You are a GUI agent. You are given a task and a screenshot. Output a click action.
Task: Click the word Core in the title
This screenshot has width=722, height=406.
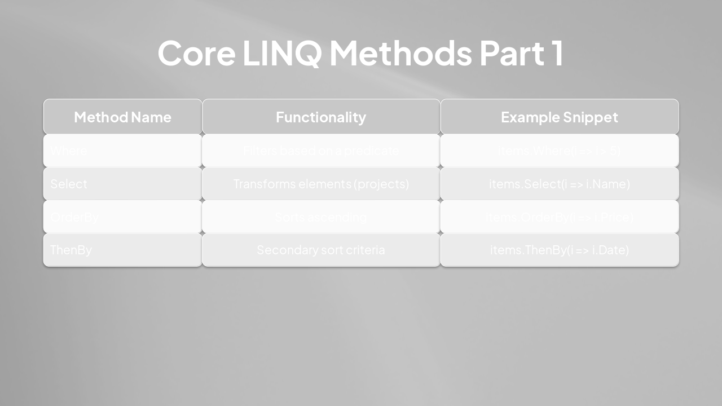coord(196,53)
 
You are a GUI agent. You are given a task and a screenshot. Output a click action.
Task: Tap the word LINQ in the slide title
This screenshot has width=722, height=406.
coord(282,53)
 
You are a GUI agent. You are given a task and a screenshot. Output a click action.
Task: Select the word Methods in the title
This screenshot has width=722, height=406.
coord(400,53)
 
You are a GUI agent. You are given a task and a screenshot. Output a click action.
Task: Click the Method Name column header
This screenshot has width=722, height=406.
coord(122,117)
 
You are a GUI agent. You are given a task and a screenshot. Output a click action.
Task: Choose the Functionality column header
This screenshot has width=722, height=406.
coord(321,117)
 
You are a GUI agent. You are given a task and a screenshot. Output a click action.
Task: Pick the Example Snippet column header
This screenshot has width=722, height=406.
coord(559,117)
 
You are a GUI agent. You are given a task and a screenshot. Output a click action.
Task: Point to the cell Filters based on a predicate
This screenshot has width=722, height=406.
coord(321,151)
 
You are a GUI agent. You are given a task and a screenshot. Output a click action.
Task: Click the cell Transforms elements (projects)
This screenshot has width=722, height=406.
coord(321,184)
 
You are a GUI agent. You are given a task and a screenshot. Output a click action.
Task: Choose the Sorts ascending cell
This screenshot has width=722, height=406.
coord(321,217)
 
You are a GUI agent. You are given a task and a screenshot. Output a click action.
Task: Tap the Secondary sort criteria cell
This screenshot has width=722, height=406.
coord(321,250)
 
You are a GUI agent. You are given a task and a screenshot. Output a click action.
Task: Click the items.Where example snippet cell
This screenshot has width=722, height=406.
coord(559,151)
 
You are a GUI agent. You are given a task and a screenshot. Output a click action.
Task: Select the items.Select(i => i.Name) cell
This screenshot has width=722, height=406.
coord(559,184)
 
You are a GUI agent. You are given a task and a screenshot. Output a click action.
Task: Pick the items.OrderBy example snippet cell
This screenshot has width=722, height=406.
coord(559,217)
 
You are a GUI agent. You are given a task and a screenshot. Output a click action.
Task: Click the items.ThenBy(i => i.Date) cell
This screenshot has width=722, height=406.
coord(559,250)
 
